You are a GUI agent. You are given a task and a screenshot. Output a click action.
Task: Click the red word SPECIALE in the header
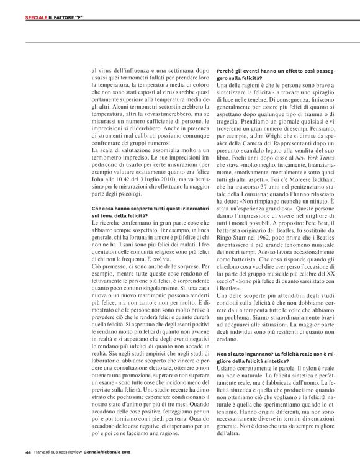37,16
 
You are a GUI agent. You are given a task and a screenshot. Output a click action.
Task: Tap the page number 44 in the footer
28,451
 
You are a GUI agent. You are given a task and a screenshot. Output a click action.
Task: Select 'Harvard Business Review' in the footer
59,451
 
